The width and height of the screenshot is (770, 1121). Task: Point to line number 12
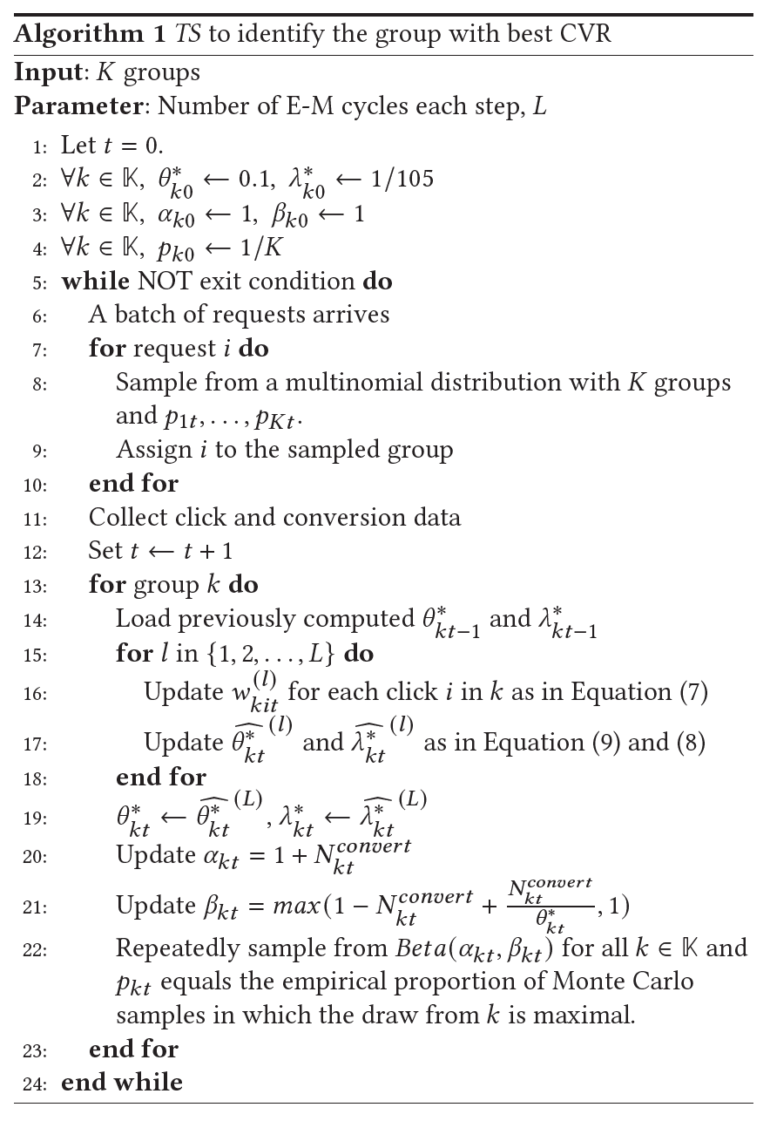tap(35, 553)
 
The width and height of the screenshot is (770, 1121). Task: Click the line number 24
tap(35, 1084)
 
